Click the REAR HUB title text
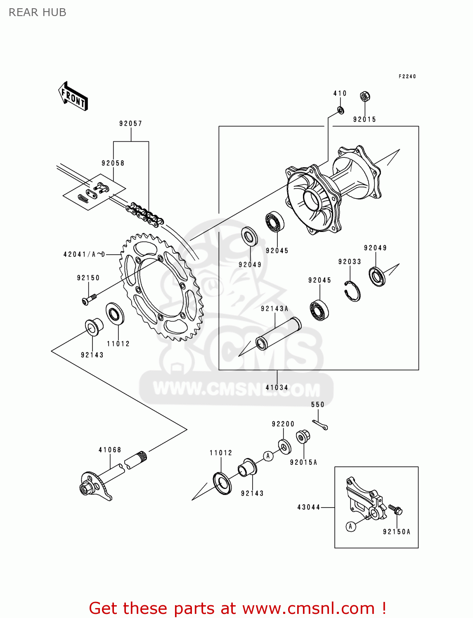[38, 13]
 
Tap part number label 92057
[130, 124]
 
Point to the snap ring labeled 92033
[352, 291]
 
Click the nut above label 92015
[365, 97]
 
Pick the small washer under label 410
[341, 110]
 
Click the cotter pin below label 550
[320, 425]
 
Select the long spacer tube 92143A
[278, 334]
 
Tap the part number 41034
[277, 388]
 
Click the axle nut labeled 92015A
[303, 437]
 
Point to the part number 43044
[309, 507]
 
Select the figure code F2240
[407, 77]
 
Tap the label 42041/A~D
[84, 255]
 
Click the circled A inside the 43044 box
[350, 527]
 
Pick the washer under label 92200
[284, 447]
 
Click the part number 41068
[110, 450]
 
